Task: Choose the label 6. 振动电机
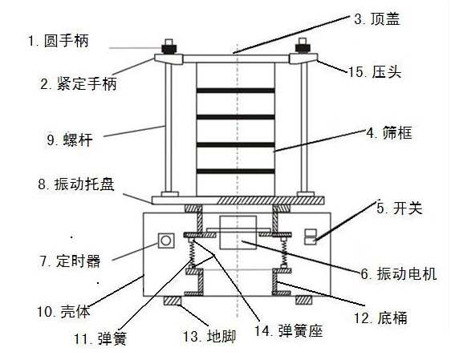(x=398, y=275)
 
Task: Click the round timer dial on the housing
(x=167, y=241)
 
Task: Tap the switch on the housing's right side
(x=311, y=236)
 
